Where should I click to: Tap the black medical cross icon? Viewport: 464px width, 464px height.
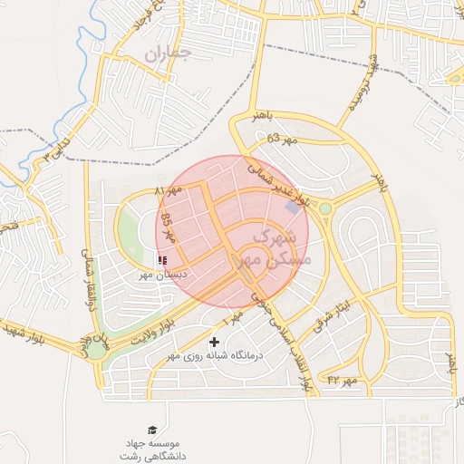click(x=214, y=342)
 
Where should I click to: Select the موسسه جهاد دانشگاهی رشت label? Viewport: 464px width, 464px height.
click(x=153, y=449)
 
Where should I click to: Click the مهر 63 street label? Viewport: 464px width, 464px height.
click(x=283, y=140)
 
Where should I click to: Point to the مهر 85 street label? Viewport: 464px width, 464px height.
click(x=166, y=227)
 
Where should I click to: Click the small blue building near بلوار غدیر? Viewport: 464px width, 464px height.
click(x=293, y=207)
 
